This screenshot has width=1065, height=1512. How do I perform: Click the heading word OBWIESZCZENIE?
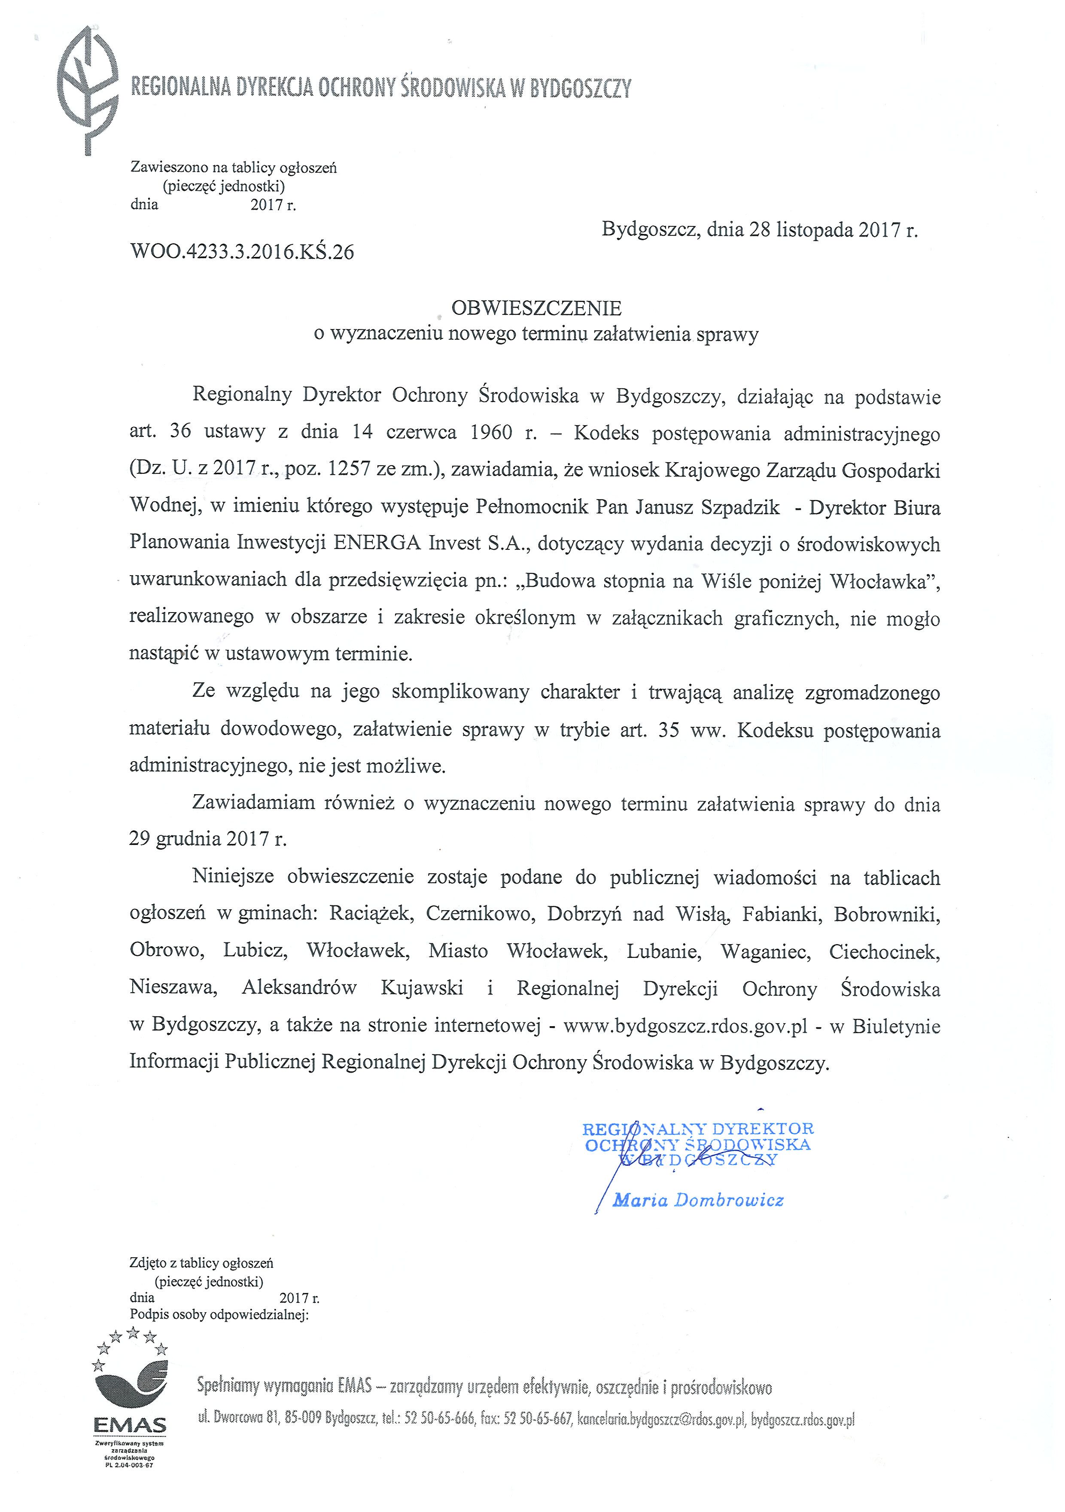coord(536,308)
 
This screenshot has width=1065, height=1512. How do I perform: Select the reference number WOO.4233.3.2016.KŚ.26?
coord(242,252)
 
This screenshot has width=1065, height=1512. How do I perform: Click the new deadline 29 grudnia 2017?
coord(208,838)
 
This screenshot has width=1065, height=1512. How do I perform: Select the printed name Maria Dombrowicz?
coord(698,1200)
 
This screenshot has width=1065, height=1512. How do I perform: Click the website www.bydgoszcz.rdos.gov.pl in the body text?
coord(685,1026)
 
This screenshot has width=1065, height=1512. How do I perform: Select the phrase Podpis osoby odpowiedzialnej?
coord(219,1315)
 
